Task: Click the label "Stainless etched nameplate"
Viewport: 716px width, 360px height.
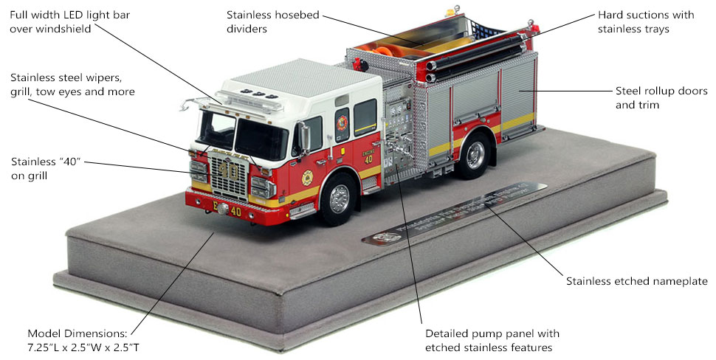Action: (x=636, y=281)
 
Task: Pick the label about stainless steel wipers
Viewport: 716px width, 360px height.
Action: (x=72, y=84)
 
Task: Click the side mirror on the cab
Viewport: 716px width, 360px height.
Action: (x=303, y=136)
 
